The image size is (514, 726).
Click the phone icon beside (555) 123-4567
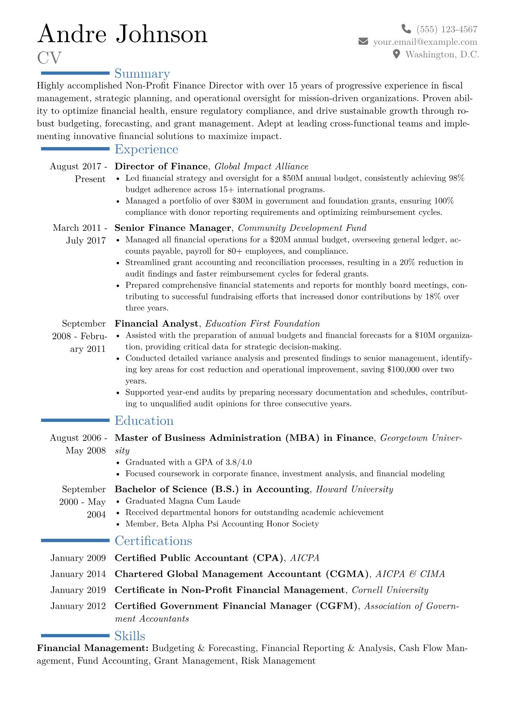click(x=406, y=29)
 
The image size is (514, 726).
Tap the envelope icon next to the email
click(x=363, y=41)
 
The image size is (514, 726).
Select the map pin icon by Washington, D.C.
click(x=397, y=54)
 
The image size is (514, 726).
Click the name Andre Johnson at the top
click(x=123, y=34)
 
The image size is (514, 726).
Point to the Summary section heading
click(x=142, y=74)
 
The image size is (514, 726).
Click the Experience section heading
click(x=146, y=149)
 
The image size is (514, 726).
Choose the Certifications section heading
click(x=153, y=541)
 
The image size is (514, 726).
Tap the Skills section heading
click(x=130, y=636)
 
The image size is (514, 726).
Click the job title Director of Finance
click(x=161, y=167)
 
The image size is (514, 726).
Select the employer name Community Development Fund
click(x=302, y=228)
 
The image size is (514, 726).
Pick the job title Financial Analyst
click(x=156, y=324)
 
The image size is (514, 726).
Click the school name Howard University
click(x=354, y=489)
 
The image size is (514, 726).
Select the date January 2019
click(x=78, y=590)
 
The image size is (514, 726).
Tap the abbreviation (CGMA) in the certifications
click(x=347, y=574)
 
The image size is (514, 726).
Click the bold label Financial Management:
click(x=93, y=648)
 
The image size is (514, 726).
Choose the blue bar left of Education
click(x=75, y=420)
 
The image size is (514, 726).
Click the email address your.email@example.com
click(x=425, y=42)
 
